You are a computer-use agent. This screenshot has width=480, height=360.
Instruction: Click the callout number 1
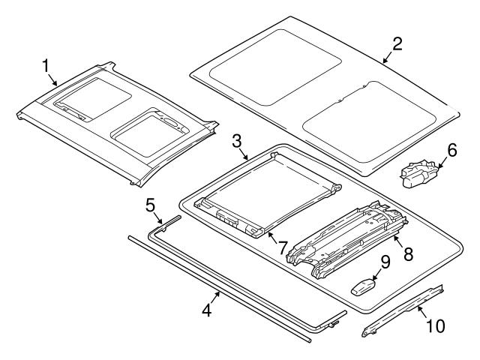[x=48, y=67]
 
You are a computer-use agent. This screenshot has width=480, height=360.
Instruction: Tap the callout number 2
[x=397, y=43]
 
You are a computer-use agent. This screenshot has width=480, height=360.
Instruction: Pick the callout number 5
[x=150, y=204]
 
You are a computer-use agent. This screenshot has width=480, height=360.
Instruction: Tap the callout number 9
[x=385, y=263]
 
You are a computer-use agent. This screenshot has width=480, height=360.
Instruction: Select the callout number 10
[x=435, y=325]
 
